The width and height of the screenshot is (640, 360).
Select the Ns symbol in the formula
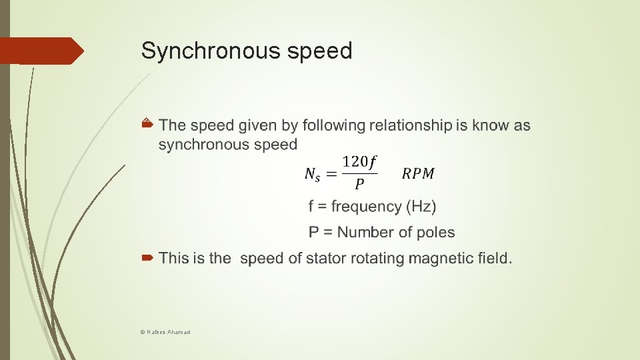pos(311,174)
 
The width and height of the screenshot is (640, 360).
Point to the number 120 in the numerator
pos(355,161)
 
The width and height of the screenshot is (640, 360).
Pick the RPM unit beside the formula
pos(418,174)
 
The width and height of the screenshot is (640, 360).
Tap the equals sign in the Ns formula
pos(331,174)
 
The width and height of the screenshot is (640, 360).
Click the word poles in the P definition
pos(435,233)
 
